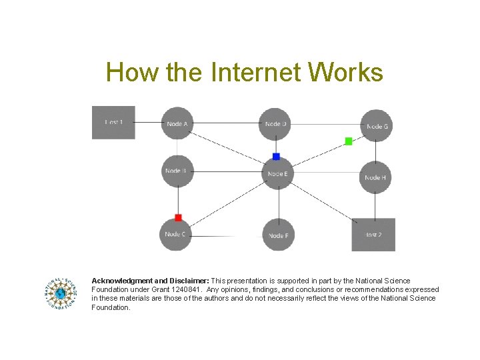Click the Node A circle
point(177,124)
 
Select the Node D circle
point(275,124)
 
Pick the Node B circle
point(177,172)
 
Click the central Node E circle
point(277,173)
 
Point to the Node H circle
point(375,177)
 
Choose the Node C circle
point(177,234)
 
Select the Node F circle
point(278,235)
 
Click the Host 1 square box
point(113,123)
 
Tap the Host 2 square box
point(373,235)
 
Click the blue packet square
point(276,157)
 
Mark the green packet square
point(348,141)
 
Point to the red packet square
point(178,217)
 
